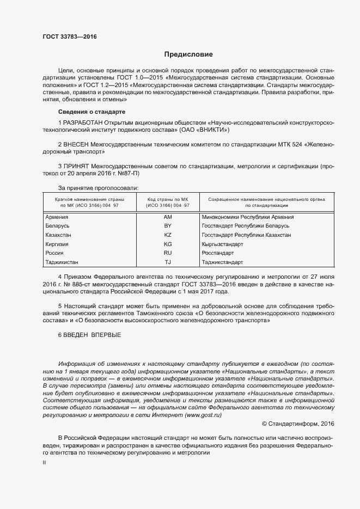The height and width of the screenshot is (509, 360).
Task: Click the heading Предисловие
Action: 188,54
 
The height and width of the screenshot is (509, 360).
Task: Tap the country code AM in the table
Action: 168,217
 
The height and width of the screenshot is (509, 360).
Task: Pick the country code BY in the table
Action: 168,226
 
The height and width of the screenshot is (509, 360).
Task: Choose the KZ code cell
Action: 168,235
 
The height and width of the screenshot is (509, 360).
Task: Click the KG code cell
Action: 168,244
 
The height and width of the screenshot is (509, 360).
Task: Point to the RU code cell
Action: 168,253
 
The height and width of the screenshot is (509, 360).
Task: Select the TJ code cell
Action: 168,262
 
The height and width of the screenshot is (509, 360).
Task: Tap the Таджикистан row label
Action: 62,262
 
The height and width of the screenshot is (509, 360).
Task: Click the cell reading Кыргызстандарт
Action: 222,244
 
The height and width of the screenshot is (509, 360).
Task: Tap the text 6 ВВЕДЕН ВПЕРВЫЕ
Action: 89,335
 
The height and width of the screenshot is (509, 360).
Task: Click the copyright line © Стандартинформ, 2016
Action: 298,423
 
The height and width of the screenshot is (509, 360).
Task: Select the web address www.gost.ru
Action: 204,415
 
